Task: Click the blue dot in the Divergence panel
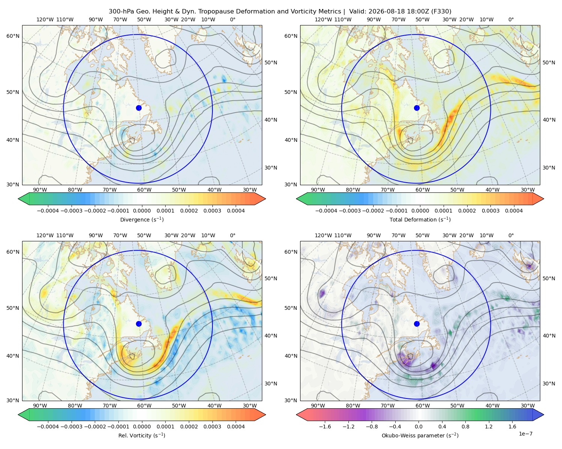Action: tap(139, 108)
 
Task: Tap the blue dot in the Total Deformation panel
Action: tap(417, 108)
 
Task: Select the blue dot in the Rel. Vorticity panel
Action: tap(139, 324)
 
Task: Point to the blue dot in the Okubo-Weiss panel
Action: tap(417, 324)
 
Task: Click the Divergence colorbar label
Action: tap(142, 219)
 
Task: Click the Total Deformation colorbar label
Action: tap(420, 219)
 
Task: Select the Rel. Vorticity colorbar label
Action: tap(142, 435)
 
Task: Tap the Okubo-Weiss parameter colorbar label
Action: tap(420, 435)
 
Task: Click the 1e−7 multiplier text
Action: tap(525, 434)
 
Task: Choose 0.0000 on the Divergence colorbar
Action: tap(142, 211)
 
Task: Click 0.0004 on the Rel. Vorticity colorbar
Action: tap(236, 427)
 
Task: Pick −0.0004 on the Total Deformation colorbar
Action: tap(326, 211)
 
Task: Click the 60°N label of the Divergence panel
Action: tap(13, 36)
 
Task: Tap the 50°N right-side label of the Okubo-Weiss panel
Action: tap(549, 278)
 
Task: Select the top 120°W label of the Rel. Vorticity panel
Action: tap(45, 235)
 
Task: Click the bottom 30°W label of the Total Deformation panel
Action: tap(528, 190)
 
